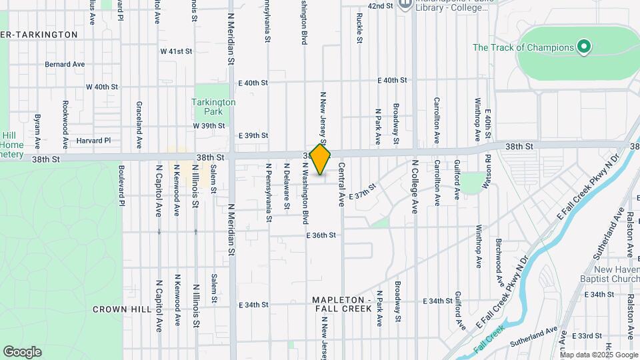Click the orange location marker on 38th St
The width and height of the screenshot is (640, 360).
pos(321,159)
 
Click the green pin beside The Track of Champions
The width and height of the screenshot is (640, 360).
pos(584,47)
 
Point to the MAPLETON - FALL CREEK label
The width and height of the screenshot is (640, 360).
pos(342,304)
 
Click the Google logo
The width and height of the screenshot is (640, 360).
pos(22,352)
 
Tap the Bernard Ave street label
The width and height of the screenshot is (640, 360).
pos(65,65)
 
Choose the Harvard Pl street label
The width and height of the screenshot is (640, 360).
pos(93,141)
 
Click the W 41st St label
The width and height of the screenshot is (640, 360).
pos(176,51)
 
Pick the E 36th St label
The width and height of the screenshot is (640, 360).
pos(321,235)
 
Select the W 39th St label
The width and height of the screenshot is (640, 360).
pos(209,125)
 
